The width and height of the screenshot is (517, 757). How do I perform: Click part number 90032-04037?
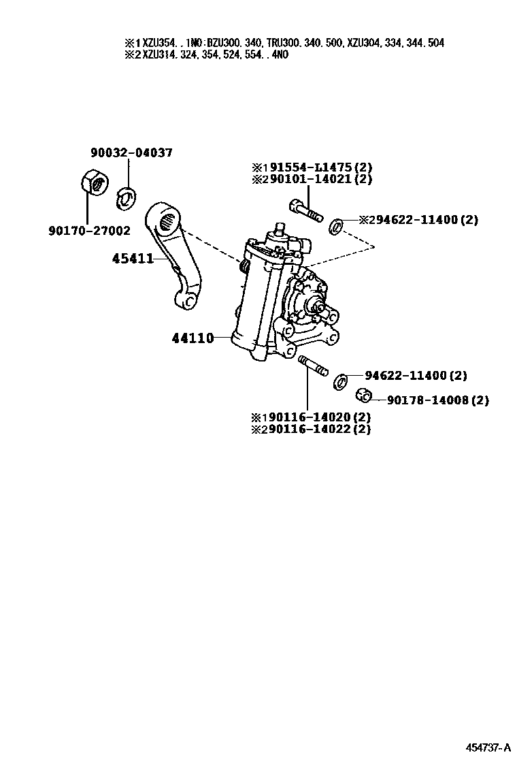131,153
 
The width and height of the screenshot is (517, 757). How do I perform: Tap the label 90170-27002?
89,231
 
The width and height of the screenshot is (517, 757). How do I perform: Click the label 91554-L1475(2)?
318,167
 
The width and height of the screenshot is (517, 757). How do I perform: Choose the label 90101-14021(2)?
318,179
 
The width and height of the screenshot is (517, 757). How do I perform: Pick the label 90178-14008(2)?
437,400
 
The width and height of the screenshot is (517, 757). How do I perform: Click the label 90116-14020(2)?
316,417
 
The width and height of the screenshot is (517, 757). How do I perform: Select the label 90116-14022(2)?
316,429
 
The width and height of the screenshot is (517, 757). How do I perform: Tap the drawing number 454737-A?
487,747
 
